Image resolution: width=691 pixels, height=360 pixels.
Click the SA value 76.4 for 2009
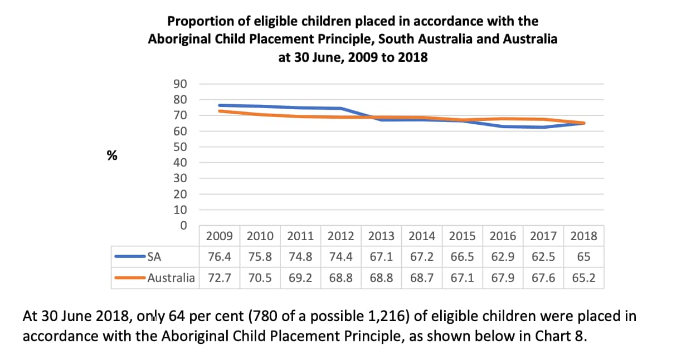pyautogui.click(x=220, y=257)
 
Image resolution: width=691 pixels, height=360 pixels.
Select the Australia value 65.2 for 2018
pyautogui.click(x=583, y=278)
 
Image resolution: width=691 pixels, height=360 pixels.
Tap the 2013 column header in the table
pyautogui.click(x=381, y=236)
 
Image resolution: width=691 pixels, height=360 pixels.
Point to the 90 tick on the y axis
pyautogui.click(x=179, y=84)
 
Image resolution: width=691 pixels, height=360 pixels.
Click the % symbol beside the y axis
pyautogui.click(x=112, y=155)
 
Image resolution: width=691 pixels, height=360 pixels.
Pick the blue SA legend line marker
pyautogui.click(x=129, y=257)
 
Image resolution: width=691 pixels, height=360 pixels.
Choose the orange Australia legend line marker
pyautogui.click(x=129, y=278)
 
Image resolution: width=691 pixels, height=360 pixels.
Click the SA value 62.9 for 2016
pyautogui.click(x=503, y=257)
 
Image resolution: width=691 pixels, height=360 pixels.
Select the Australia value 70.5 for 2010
pyautogui.click(x=260, y=278)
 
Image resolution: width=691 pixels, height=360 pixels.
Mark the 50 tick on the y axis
pyautogui.click(x=179, y=147)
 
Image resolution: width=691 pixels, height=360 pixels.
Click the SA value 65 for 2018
pyautogui.click(x=583, y=257)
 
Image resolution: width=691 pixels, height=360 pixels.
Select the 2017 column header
pyautogui.click(x=543, y=236)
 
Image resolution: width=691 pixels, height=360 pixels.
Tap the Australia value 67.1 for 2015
pyautogui.click(x=462, y=278)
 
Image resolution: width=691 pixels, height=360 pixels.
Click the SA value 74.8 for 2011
pyautogui.click(x=300, y=257)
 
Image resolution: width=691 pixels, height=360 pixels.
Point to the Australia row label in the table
pyautogui.click(x=171, y=278)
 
